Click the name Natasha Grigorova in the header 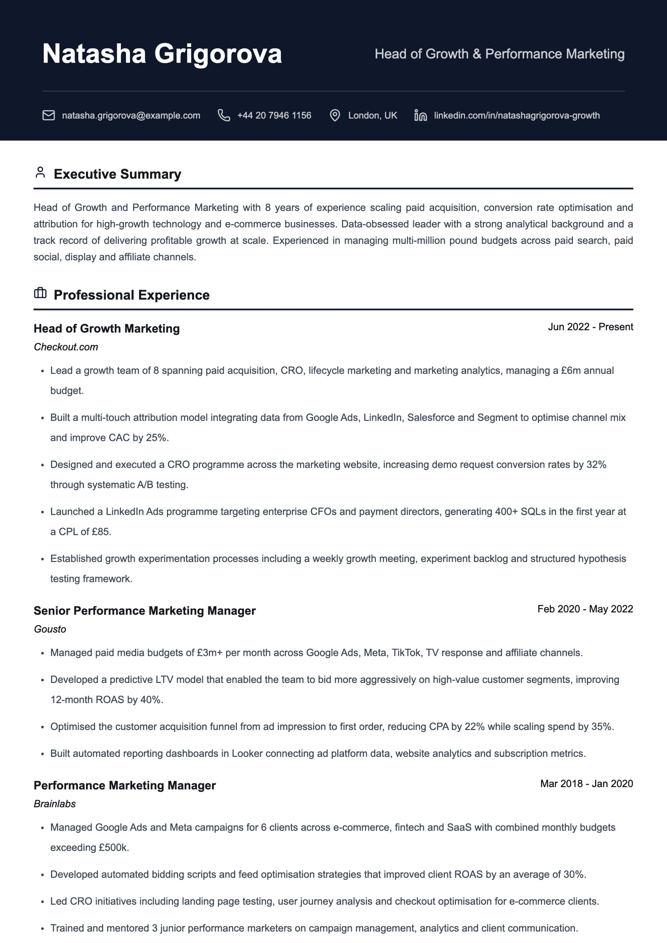point(162,54)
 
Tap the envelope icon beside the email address point(48,115)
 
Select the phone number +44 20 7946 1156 point(274,115)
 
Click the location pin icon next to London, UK point(335,115)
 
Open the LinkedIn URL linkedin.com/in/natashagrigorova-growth point(517,115)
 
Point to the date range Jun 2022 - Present point(590,327)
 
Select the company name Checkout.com point(66,347)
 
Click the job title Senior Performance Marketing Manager point(145,611)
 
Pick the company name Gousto point(50,629)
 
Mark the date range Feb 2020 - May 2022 point(585,609)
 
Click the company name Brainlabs point(55,804)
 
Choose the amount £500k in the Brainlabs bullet point(113,848)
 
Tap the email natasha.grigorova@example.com point(131,115)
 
